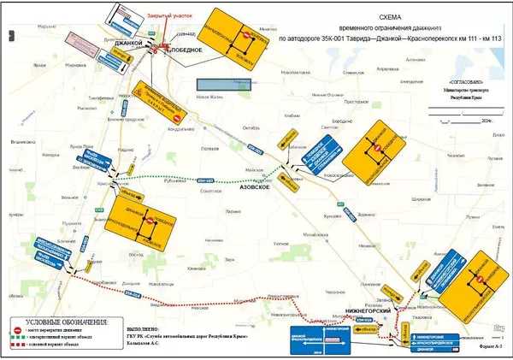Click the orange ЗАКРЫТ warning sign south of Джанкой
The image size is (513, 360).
coord(156,97)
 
